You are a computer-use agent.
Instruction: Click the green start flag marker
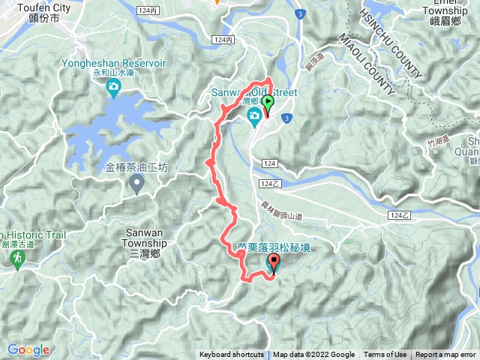pyautogui.click(x=267, y=104)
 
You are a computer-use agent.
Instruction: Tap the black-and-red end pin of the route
pyautogui.click(x=272, y=263)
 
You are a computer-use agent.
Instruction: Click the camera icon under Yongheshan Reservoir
pyautogui.click(x=113, y=91)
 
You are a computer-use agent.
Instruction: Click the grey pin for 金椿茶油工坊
pyautogui.click(x=136, y=182)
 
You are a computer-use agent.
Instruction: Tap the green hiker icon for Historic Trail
pyautogui.click(x=16, y=258)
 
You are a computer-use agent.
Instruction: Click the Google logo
pyautogui.click(x=28, y=349)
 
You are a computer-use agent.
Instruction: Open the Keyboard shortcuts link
pyautogui.click(x=231, y=355)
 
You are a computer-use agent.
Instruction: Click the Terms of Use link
pyautogui.click(x=385, y=355)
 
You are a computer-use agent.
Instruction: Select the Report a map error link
pyautogui.click(x=445, y=355)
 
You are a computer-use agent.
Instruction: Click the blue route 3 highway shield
pyautogui.click(x=299, y=13)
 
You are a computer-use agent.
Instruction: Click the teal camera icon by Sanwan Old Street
pyautogui.click(x=255, y=115)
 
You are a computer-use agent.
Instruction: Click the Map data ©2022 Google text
pyautogui.click(x=313, y=355)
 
